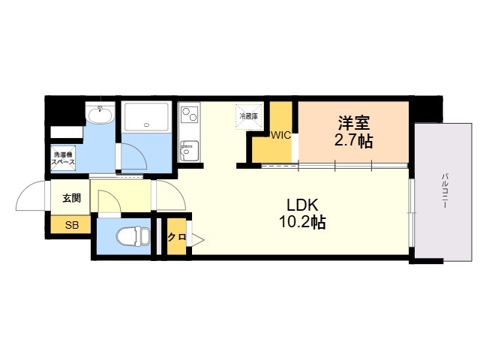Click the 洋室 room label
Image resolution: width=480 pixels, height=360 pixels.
(x=354, y=122)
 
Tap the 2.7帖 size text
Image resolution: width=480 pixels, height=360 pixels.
(x=353, y=141)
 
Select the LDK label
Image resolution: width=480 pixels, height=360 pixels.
(x=302, y=205)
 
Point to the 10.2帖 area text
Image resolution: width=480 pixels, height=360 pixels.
(x=302, y=222)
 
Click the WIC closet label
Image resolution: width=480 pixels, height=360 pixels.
(x=280, y=135)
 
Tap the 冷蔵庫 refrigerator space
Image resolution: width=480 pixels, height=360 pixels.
(x=249, y=117)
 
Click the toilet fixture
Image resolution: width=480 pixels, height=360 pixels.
(x=133, y=236)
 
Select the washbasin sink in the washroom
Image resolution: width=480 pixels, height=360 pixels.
(x=100, y=115)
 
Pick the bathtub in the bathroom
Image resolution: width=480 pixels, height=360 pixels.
(x=147, y=117)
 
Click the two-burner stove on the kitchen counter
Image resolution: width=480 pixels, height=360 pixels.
(x=189, y=115)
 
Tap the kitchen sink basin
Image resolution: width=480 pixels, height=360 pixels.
(x=189, y=151)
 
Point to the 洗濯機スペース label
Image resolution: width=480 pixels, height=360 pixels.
(x=63, y=158)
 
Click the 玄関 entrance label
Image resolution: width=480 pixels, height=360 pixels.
(x=72, y=198)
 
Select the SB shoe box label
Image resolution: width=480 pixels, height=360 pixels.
(x=72, y=225)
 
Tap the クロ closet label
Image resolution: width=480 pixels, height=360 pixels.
(x=177, y=237)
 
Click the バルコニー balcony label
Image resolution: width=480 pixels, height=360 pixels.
(x=445, y=190)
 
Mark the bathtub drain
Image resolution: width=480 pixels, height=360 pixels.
(x=147, y=125)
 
